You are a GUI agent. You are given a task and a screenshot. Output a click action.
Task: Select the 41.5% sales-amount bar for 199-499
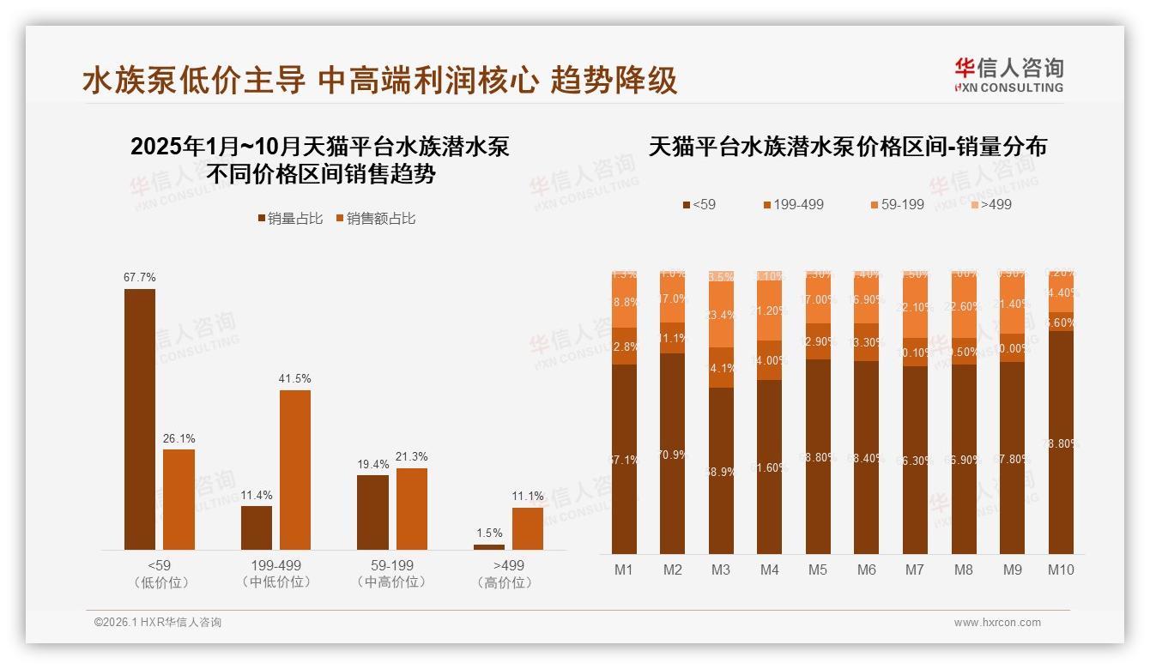295,469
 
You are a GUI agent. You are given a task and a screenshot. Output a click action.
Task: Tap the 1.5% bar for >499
489,546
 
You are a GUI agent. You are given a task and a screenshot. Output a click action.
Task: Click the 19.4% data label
373,464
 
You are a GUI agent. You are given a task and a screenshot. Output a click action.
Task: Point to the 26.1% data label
179,438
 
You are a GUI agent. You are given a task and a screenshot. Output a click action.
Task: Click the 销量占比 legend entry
290,219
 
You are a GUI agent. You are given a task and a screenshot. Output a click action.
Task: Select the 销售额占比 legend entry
375,219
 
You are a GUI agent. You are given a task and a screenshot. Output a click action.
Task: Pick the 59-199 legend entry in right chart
897,204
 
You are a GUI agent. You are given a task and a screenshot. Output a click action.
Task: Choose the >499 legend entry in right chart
990,204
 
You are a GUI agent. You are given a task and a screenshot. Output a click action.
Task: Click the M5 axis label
818,570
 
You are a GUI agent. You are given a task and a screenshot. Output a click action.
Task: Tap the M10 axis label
1061,570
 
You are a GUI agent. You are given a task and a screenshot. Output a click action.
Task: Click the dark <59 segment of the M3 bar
721,471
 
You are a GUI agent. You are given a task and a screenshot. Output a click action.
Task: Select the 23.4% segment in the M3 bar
721,315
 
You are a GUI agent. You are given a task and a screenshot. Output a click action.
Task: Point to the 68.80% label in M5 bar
818,457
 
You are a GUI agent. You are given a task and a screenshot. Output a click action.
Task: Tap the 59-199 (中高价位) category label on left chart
392,574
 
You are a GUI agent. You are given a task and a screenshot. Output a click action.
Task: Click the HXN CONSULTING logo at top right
1008,75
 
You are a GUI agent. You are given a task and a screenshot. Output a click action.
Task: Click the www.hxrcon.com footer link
997,623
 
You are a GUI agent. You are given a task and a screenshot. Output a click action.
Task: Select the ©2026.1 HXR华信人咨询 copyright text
158,623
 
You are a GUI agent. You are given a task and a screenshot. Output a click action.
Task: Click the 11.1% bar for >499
528,528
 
